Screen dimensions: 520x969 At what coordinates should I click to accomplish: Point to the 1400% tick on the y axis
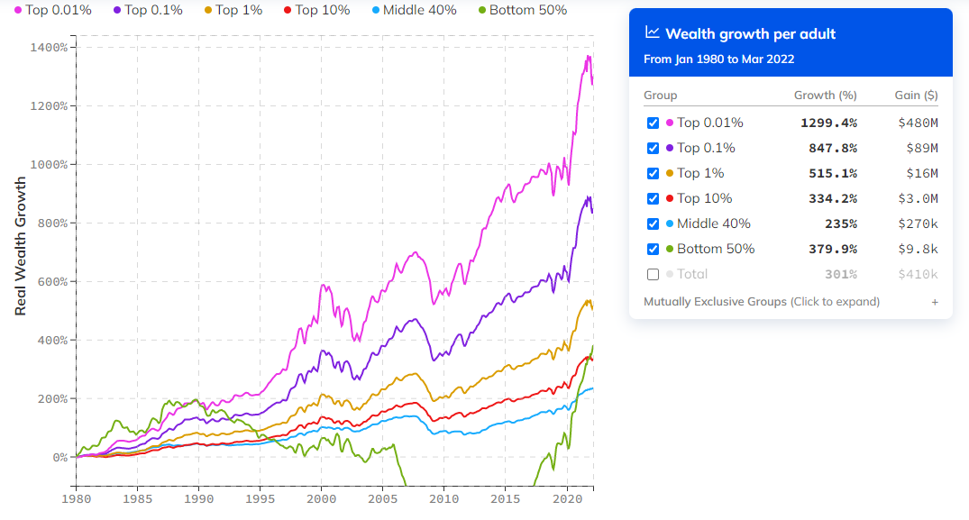point(49,47)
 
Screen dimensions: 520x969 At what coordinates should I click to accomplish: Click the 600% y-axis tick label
point(51,281)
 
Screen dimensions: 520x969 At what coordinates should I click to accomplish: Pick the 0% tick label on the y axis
point(58,457)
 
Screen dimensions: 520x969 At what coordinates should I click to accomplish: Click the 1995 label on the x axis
point(260,498)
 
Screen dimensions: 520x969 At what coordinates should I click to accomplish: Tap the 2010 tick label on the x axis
point(443,498)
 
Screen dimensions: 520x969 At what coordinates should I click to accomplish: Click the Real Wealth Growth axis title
point(21,245)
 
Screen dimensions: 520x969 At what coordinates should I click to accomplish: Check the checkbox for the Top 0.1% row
point(653,148)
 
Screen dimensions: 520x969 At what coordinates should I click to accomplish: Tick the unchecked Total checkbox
point(653,274)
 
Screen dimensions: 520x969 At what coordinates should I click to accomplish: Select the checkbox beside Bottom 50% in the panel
point(653,249)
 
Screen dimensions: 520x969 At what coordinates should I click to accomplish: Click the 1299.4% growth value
point(828,123)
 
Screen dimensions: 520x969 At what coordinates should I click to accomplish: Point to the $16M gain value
point(922,173)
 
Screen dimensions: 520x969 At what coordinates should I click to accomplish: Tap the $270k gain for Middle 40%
point(919,224)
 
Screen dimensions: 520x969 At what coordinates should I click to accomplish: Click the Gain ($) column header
point(917,96)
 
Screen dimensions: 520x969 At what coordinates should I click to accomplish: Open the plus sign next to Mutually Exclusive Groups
point(935,302)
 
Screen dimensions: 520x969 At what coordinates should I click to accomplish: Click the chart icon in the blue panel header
point(653,33)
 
